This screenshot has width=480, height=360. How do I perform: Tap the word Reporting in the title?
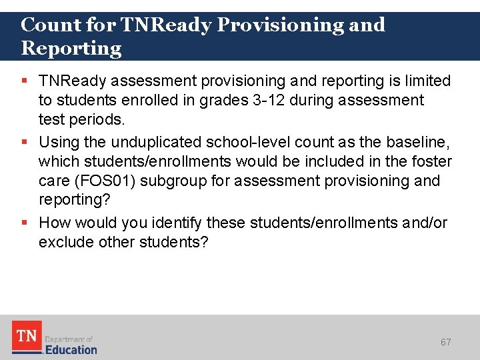coord(71,49)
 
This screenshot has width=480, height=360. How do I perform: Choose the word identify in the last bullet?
coord(178,222)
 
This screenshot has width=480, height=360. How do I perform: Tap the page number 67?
coord(446,342)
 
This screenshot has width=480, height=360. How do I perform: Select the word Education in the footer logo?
coord(71,349)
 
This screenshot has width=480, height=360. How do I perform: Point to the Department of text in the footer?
coord(69,339)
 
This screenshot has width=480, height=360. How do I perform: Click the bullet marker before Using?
coord(25,141)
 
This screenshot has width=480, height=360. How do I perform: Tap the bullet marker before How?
coord(25,222)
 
